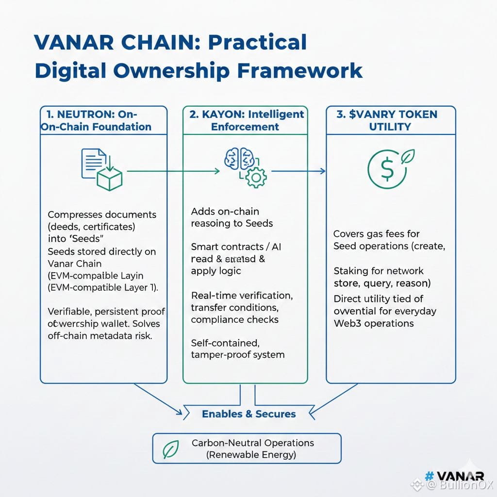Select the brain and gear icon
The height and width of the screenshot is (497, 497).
click(x=245, y=167)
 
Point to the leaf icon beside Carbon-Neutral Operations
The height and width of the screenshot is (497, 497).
click(x=170, y=449)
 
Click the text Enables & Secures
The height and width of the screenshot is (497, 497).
click(x=248, y=414)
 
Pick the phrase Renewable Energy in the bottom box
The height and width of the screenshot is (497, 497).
click(x=251, y=455)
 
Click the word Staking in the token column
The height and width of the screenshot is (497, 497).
click(x=351, y=271)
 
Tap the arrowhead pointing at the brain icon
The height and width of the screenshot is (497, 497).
click(x=216, y=171)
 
